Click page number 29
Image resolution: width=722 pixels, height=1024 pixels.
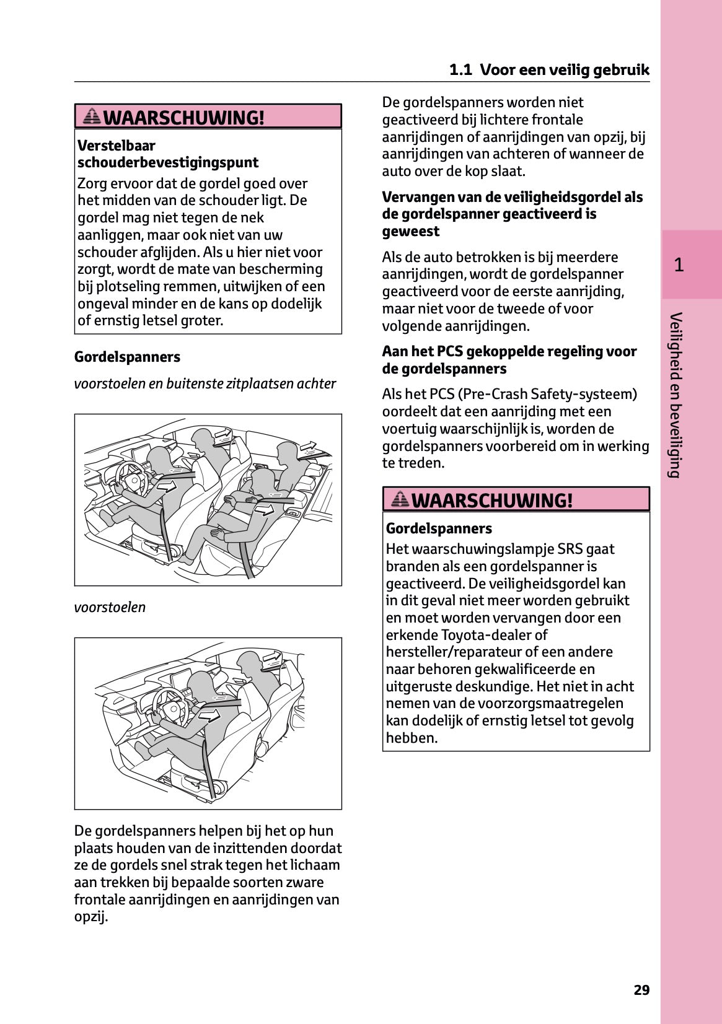pyautogui.click(x=641, y=990)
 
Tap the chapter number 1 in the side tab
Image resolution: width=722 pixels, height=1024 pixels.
pyautogui.click(x=679, y=265)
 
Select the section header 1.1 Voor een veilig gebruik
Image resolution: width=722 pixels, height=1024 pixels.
pyautogui.click(x=549, y=70)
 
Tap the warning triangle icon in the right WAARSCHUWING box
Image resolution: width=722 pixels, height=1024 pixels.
pyautogui.click(x=400, y=499)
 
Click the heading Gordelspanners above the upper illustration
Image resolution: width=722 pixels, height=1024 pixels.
pyautogui.click(x=127, y=357)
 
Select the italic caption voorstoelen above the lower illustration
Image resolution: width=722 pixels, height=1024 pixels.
pyautogui.click(x=110, y=607)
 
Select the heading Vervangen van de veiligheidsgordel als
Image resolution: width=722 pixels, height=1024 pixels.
pyautogui.click(x=512, y=197)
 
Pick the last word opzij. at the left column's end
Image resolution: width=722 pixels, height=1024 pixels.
pyautogui.click(x=90, y=916)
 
